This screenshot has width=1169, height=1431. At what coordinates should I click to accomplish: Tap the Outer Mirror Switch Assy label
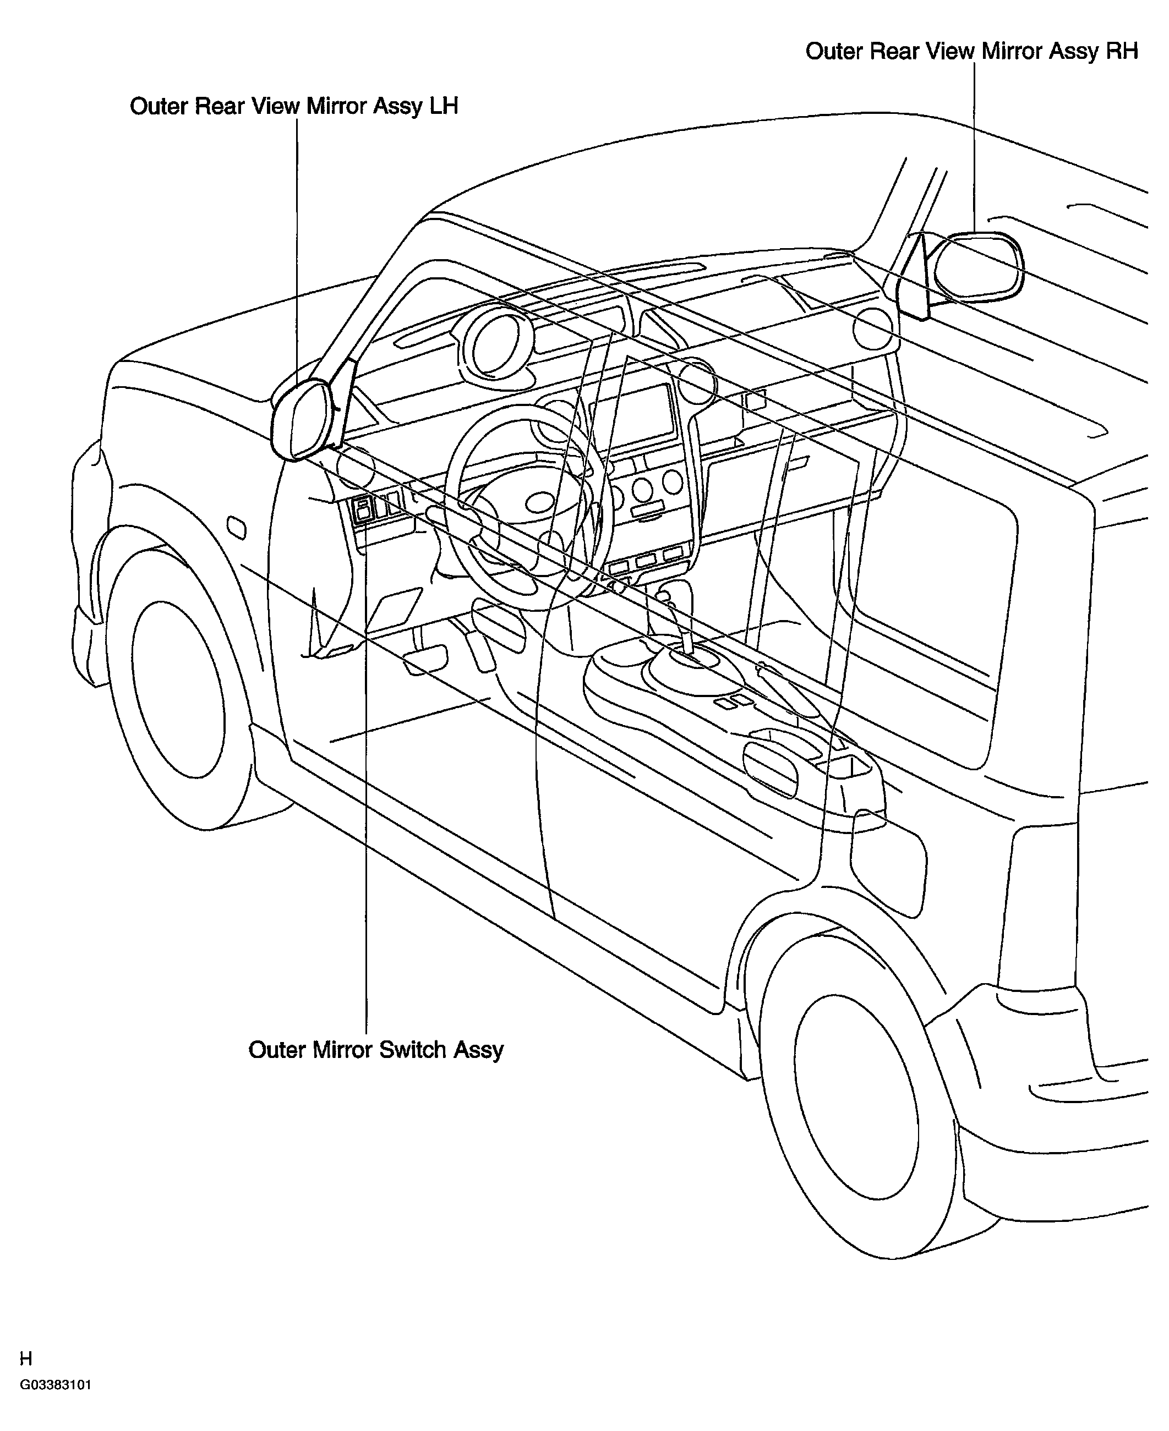(x=376, y=1050)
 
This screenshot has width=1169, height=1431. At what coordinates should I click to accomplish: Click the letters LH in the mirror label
(x=443, y=106)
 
